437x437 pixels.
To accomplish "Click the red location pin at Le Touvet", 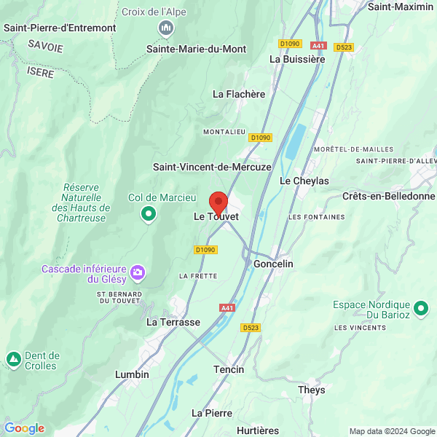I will (x=219, y=202).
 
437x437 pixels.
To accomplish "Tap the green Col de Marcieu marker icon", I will (x=149, y=213).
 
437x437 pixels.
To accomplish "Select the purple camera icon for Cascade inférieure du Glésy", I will (x=138, y=273).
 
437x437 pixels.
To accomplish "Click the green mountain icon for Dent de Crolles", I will (x=13, y=359).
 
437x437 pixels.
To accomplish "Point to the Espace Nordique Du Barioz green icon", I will (x=420, y=309).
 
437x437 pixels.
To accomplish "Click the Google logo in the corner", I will (x=24, y=428).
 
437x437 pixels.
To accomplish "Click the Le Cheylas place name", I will (x=304, y=181).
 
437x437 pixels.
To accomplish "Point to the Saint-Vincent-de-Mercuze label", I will (x=212, y=167).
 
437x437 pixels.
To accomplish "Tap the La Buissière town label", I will (x=297, y=59).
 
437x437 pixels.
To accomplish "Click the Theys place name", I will (x=312, y=390).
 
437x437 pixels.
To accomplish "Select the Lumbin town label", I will (x=132, y=374).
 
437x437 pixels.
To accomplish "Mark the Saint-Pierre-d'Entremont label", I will (x=60, y=28).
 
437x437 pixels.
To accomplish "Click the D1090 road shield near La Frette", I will (x=205, y=250).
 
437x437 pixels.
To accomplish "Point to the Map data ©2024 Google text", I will (x=391, y=431).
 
